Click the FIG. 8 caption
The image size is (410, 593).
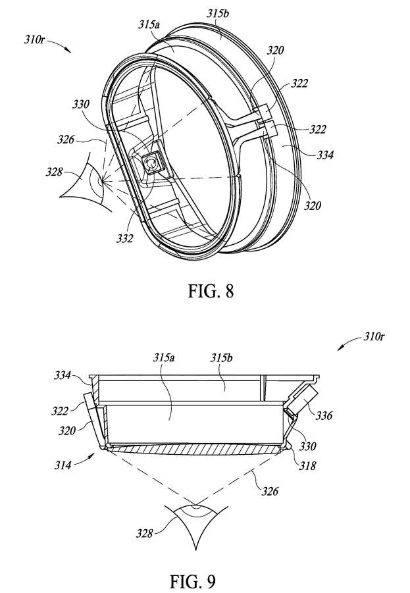(211, 291)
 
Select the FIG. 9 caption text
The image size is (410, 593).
(193, 582)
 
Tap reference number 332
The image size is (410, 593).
(125, 238)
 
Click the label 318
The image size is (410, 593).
(307, 465)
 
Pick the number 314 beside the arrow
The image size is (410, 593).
(63, 465)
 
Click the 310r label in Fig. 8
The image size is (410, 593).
(34, 39)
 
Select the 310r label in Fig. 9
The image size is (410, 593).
(374, 336)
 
